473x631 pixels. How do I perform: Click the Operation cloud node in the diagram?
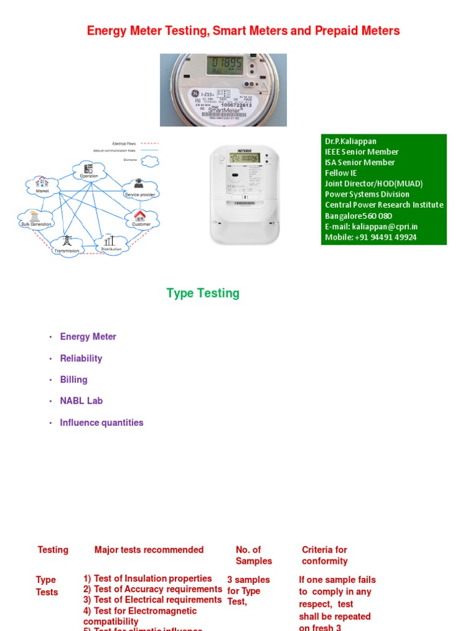click(88, 170)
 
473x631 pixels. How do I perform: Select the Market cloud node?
click(42, 184)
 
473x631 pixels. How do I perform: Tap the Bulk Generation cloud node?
click(36, 218)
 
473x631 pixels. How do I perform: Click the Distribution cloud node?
click(109, 243)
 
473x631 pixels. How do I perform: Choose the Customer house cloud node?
click(140, 218)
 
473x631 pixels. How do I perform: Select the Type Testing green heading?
click(203, 293)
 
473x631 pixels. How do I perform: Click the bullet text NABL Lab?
click(81, 401)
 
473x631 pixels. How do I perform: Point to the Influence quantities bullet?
click(102, 423)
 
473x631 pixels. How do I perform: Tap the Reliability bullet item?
click(81, 359)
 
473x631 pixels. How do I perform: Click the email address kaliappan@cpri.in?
click(371, 227)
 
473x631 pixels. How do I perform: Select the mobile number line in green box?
click(371, 237)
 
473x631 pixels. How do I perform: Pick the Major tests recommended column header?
click(148, 550)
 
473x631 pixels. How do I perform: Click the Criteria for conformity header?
click(325, 555)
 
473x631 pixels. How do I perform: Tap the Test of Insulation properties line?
click(148, 579)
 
